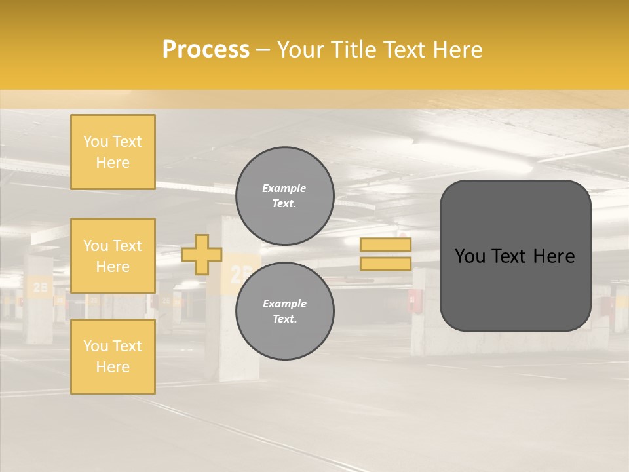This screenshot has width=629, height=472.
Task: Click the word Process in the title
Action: [206, 49]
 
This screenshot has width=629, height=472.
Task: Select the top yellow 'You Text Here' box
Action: [113, 152]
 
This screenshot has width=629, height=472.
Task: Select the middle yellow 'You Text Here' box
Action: [113, 256]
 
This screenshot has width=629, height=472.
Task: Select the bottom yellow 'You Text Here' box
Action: [113, 356]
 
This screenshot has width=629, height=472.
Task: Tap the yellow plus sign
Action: [201, 254]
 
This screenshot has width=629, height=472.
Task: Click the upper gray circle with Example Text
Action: [284, 196]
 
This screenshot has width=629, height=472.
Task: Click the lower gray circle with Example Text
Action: [284, 311]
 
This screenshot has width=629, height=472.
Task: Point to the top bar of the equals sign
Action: [385, 245]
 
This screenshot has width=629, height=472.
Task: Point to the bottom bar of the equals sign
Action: [385, 264]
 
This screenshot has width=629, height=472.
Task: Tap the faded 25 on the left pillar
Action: [40, 287]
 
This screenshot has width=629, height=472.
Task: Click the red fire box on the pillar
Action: [414, 301]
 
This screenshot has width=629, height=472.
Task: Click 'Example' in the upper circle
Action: [284, 188]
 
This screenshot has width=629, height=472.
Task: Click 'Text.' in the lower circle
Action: [284, 319]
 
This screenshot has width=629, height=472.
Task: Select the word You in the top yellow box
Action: [95, 142]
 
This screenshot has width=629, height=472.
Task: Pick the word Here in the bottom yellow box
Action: [113, 367]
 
